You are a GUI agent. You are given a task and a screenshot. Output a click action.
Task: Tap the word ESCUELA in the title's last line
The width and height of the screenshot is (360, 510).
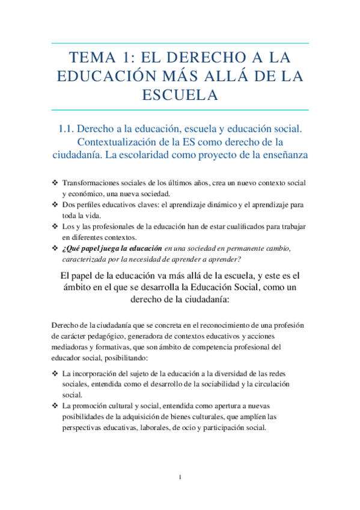click(180, 95)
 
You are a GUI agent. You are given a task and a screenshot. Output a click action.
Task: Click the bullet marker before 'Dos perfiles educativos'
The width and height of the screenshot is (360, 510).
click(55, 204)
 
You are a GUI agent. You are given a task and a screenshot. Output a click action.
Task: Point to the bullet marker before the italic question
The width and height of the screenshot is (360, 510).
click(55, 248)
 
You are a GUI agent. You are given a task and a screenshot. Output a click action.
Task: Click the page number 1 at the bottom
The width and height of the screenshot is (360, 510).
click(180, 478)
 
